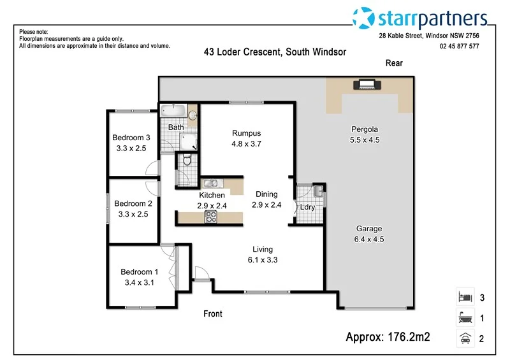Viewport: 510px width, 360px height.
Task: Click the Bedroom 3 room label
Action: [131, 138]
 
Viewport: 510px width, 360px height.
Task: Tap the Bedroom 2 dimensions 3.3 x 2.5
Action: [133, 215]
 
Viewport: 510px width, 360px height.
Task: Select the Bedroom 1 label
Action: [137, 272]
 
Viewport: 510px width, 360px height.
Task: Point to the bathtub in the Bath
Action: [173, 112]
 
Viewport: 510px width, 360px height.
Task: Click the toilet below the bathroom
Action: [186, 161]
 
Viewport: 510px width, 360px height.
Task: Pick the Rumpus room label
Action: [247, 133]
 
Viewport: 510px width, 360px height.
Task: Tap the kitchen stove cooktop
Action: [211, 217]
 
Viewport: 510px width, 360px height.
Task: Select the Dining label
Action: [266, 194]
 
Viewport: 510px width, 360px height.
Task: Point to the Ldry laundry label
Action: [308, 208]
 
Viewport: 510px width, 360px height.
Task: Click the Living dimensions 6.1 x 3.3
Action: [263, 260]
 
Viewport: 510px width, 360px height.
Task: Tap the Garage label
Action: [369, 229]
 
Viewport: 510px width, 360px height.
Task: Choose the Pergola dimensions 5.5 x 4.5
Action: [365, 140]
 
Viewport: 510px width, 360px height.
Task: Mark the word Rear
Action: [394, 63]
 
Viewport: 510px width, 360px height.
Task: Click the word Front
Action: [213, 313]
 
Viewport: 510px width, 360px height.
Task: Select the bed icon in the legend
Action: [464, 297]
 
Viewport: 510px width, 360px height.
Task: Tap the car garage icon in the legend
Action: [464, 338]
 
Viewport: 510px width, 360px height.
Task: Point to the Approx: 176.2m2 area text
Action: [388, 336]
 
